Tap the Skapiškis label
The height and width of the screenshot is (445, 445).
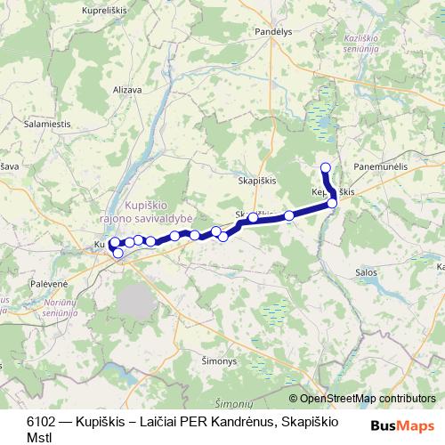pos(259,179)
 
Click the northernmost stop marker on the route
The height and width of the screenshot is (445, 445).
pos(326,167)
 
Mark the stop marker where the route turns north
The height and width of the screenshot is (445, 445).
pos(333,204)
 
